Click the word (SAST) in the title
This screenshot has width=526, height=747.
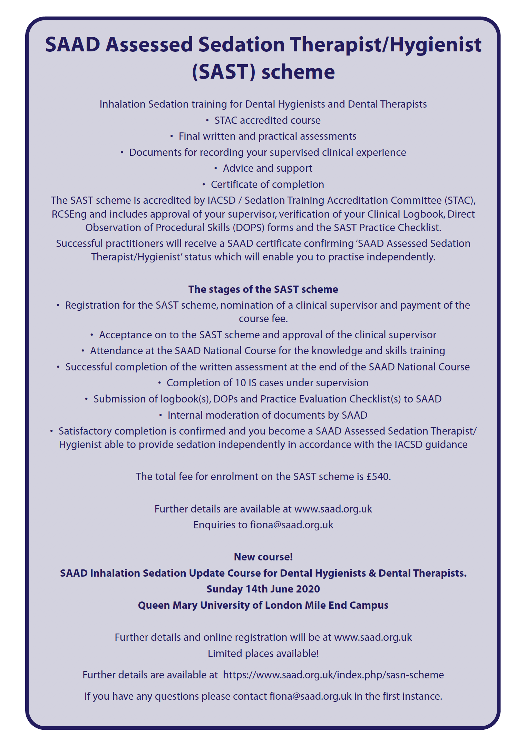[223, 72]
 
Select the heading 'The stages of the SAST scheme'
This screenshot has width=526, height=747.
[263, 289]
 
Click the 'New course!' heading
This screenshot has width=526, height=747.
[263, 557]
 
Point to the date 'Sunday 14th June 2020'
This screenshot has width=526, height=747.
[263, 589]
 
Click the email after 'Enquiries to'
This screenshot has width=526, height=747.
[292, 525]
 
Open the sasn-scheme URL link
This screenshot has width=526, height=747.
[333, 675]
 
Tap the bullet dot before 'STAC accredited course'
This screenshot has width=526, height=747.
[207, 120]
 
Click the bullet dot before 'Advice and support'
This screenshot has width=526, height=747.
[216, 168]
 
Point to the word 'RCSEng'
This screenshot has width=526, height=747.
[69, 214]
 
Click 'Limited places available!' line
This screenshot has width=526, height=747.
[263, 653]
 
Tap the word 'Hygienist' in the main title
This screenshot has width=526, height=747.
[436, 45]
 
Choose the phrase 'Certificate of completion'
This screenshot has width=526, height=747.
[267, 185]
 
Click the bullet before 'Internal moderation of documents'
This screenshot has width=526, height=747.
[160, 415]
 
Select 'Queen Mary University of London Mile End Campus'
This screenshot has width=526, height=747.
[263, 605]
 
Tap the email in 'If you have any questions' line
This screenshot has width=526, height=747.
[310, 696]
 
